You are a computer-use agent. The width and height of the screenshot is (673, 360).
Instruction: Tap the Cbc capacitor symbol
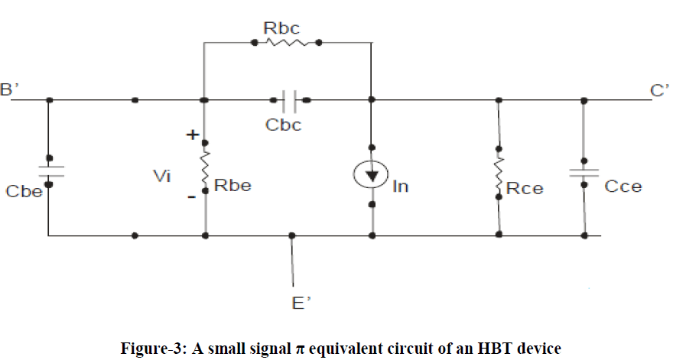289,99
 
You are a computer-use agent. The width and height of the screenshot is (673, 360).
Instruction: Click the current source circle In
371,175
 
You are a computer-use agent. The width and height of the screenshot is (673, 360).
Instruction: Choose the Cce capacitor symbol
584,172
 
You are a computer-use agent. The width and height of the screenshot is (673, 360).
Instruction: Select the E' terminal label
301,304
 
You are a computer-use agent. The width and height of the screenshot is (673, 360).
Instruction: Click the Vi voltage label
161,177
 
